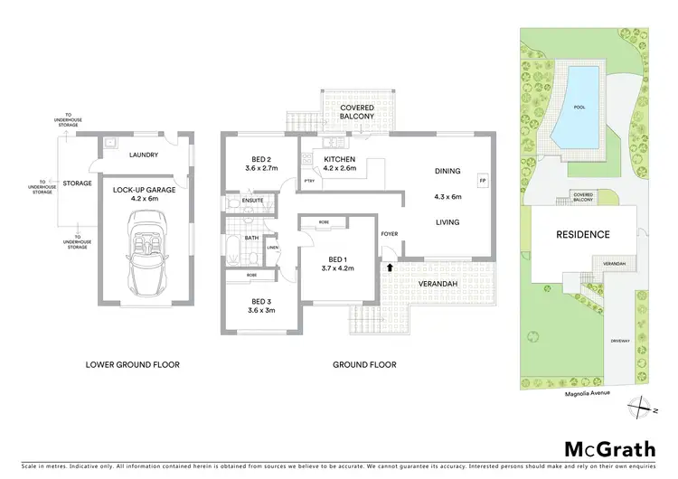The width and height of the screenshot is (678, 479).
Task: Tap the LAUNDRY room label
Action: (145, 155)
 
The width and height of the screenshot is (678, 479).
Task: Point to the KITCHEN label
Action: (338, 158)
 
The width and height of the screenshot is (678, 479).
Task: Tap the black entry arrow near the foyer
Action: (390, 268)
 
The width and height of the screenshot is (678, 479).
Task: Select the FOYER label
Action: (390, 232)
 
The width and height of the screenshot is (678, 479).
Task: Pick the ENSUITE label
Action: (253, 200)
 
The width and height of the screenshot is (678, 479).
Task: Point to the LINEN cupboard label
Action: (272, 248)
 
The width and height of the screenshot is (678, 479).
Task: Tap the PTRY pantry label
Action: (308, 181)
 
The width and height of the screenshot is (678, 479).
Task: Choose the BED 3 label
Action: (262, 300)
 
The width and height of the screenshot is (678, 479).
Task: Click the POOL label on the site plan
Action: (579, 106)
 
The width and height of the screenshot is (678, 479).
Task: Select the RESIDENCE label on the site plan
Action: (583, 235)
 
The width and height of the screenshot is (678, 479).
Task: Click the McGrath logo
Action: (599, 448)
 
